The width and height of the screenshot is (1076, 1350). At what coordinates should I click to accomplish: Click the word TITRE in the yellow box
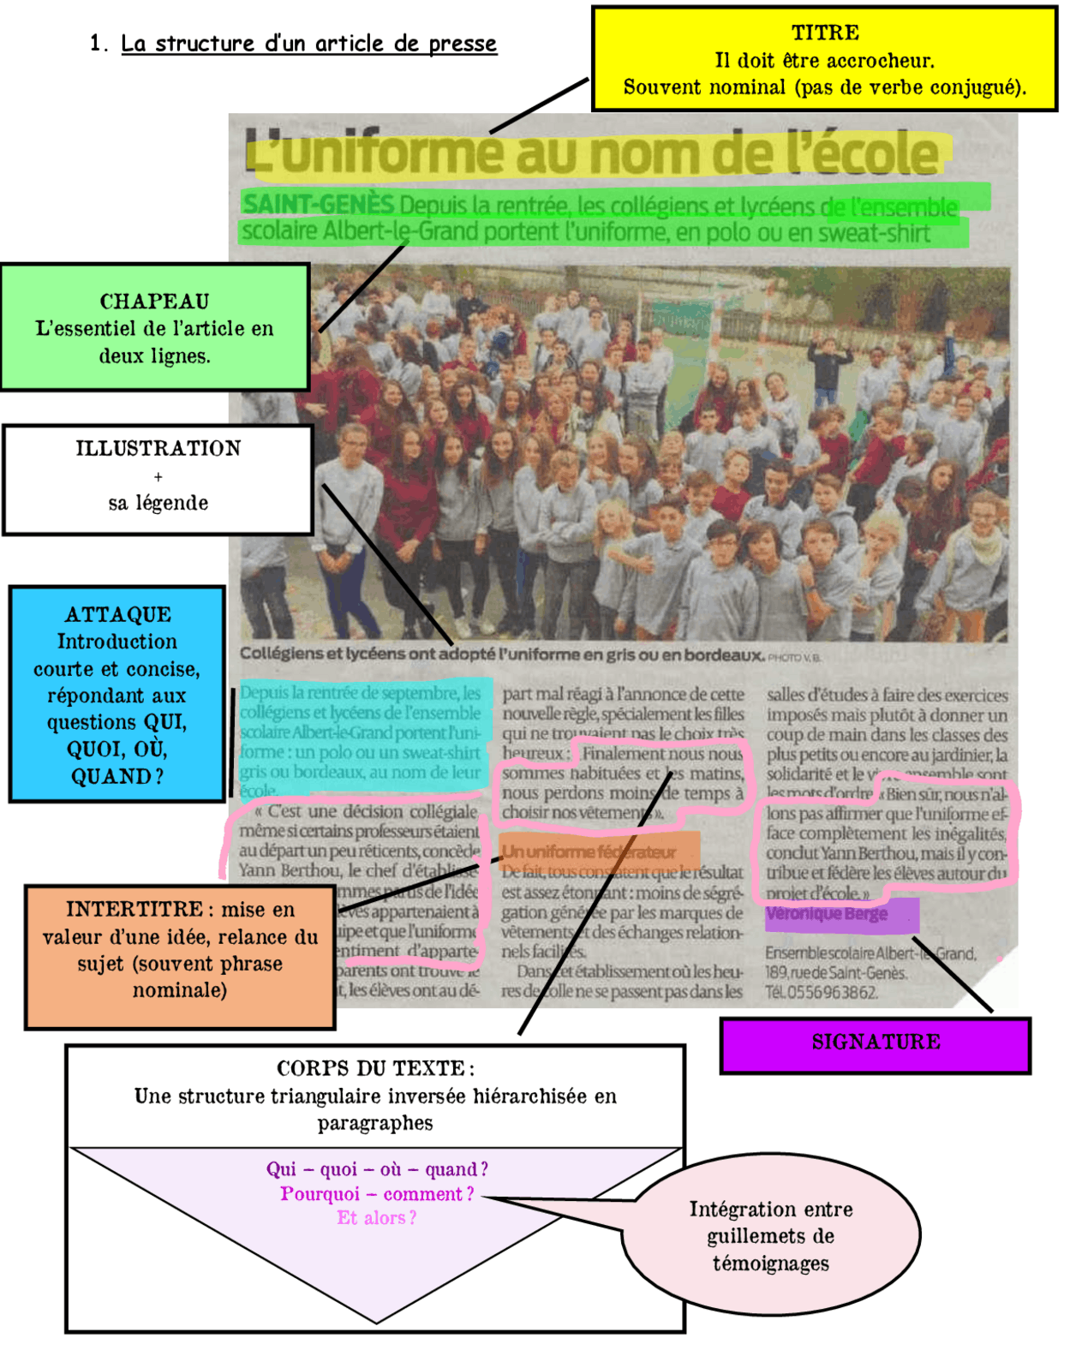click(x=825, y=33)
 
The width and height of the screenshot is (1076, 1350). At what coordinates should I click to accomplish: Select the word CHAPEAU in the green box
click(x=154, y=302)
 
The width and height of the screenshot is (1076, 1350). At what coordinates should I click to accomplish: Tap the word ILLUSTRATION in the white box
click(x=158, y=449)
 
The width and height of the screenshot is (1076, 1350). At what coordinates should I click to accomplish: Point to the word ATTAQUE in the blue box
click(x=118, y=615)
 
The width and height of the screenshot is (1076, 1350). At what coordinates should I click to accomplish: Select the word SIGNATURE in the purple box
click(x=876, y=1042)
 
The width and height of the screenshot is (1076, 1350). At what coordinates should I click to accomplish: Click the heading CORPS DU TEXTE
click(x=374, y=1069)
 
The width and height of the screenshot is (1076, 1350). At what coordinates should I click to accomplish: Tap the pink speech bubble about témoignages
click(x=771, y=1236)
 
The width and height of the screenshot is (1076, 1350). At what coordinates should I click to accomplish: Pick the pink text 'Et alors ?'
click(x=376, y=1218)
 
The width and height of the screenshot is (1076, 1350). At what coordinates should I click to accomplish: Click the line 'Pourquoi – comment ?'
click(x=376, y=1194)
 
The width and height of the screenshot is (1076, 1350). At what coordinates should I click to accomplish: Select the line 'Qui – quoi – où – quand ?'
click(x=376, y=1170)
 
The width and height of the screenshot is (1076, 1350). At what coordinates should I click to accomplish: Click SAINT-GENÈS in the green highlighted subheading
click(x=318, y=205)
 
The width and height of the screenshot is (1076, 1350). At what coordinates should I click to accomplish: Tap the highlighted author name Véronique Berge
click(x=827, y=914)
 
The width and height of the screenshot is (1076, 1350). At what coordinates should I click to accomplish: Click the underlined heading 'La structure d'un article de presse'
click(x=308, y=44)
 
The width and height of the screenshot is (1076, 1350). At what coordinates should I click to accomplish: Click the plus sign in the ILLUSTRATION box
click(x=158, y=477)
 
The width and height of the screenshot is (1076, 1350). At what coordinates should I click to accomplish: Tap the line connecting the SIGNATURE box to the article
click(x=953, y=976)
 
